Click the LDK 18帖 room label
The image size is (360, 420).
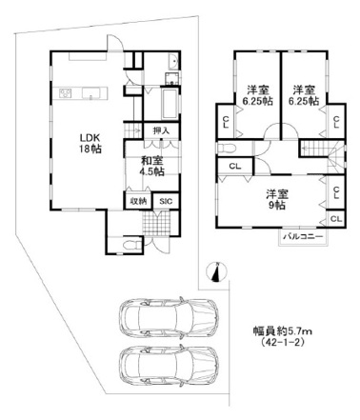click(90, 144)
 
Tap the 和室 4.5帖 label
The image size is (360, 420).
click(152, 167)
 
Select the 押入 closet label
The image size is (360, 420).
click(161, 130)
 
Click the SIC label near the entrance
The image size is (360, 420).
click(166, 201)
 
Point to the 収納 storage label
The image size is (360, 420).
click(138, 201)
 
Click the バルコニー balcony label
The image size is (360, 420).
click(303, 236)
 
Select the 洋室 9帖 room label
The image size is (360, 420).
click(276, 200)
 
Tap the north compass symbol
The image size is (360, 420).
click(216, 272)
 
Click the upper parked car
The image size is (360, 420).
click(169, 318)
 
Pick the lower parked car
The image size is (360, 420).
click(169, 366)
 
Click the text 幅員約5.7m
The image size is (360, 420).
click(283, 331)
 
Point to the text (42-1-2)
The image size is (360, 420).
click(282, 342)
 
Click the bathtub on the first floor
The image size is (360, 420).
click(170, 104)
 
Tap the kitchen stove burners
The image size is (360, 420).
click(66, 93)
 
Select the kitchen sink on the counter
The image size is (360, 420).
click(91, 93)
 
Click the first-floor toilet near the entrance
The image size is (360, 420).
click(131, 245)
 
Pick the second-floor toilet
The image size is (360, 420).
click(227, 148)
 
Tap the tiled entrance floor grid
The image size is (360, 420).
click(156, 223)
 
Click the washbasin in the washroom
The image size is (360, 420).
click(173, 62)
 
